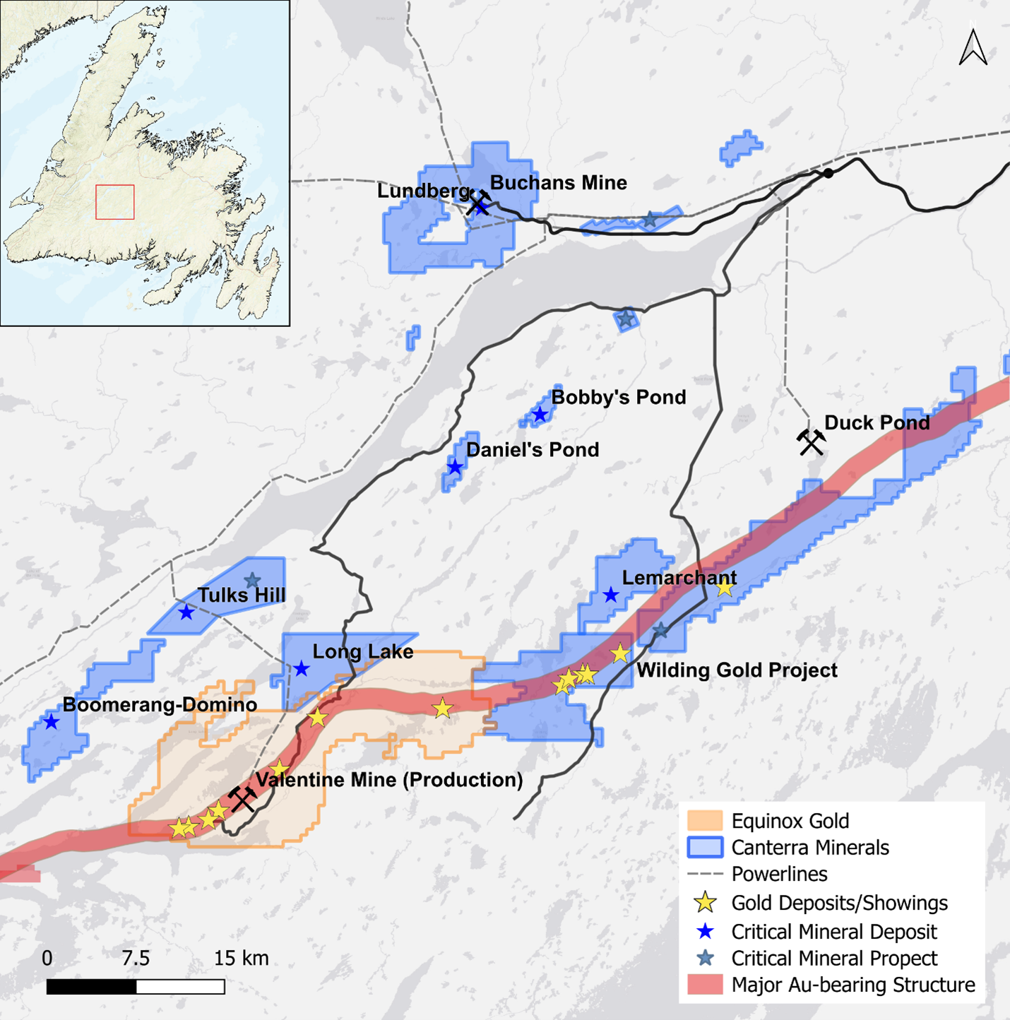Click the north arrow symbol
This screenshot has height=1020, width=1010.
click(x=973, y=47)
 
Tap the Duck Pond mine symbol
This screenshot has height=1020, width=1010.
click(x=811, y=442)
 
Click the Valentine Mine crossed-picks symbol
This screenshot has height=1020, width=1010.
click(x=242, y=799)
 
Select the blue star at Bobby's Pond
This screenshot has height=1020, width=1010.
click(x=540, y=415)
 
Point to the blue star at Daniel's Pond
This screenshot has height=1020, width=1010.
click(x=455, y=467)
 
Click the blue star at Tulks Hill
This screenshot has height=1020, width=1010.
click(x=186, y=612)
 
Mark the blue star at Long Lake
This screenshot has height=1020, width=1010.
click(x=302, y=668)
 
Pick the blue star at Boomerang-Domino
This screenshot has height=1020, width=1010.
click(x=51, y=722)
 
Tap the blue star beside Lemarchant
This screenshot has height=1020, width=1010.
click(x=611, y=595)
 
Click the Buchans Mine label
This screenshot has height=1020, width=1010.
click(x=558, y=183)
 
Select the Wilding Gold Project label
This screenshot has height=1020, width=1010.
click(x=737, y=670)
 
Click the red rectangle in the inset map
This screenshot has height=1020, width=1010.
click(x=115, y=202)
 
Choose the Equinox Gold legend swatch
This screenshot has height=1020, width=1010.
click(x=705, y=821)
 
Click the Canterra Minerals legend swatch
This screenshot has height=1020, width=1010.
click(x=705, y=847)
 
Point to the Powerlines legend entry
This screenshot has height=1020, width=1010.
click(x=779, y=874)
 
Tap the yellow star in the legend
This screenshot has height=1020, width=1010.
click(x=705, y=903)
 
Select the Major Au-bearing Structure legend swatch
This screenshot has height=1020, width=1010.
click(x=705, y=985)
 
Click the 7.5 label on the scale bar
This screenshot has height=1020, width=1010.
click(x=136, y=959)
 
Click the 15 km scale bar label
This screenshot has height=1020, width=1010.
click(x=241, y=959)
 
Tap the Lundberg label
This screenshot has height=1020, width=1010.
click(x=422, y=191)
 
